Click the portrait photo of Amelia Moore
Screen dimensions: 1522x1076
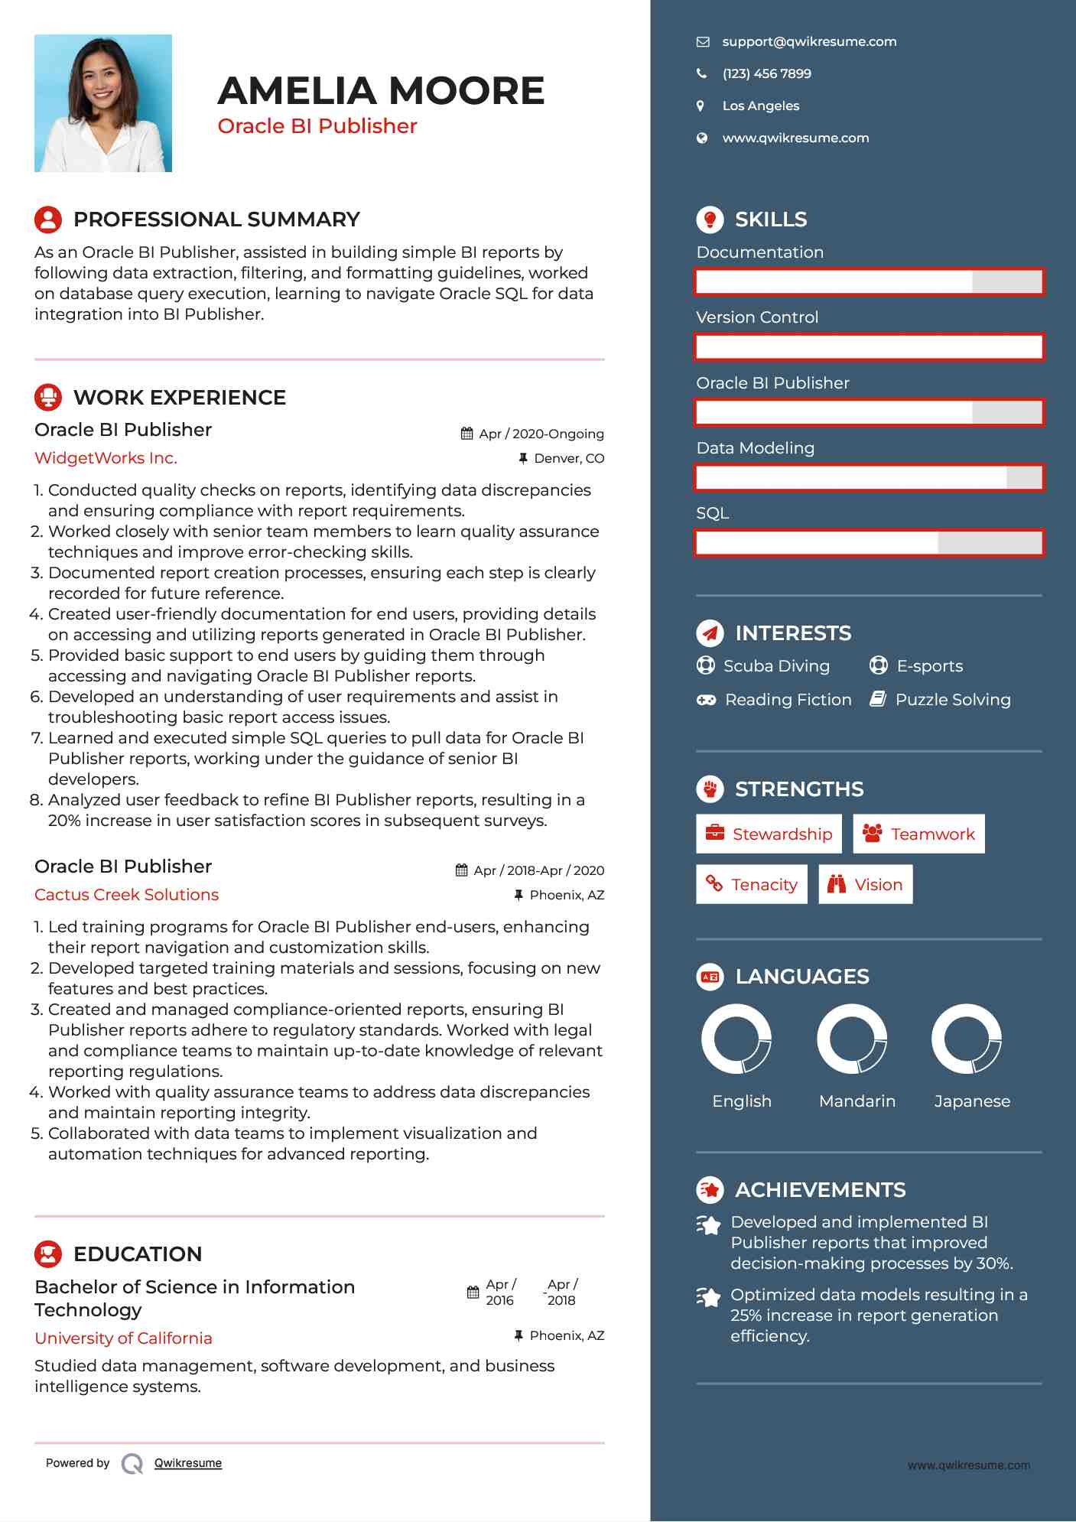(103, 103)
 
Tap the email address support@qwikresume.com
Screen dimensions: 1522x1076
(808, 42)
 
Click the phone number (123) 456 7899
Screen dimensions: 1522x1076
(766, 74)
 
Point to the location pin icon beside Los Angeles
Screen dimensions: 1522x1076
(701, 106)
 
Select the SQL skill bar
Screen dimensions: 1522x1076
(869, 543)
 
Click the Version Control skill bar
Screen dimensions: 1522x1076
(869, 347)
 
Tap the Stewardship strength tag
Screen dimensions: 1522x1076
(769, 834)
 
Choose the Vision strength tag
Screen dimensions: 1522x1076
(866, 885)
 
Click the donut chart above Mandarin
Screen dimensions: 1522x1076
(852, 1039)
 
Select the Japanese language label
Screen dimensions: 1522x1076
(972, 1101)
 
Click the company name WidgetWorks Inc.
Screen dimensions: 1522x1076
(106, 458)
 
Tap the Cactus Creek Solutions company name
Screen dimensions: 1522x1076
(126, 895)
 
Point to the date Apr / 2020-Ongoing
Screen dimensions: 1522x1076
(541, 434)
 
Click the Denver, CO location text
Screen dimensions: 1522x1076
(568, 459)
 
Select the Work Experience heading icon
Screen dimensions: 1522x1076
(48, 398)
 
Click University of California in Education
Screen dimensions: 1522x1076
(123, 1338)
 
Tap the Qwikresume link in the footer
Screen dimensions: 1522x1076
(187, 1463)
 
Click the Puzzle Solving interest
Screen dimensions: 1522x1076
(952, 700)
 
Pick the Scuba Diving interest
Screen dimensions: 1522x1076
(775, 666)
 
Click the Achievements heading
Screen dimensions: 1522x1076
(820, 1190)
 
